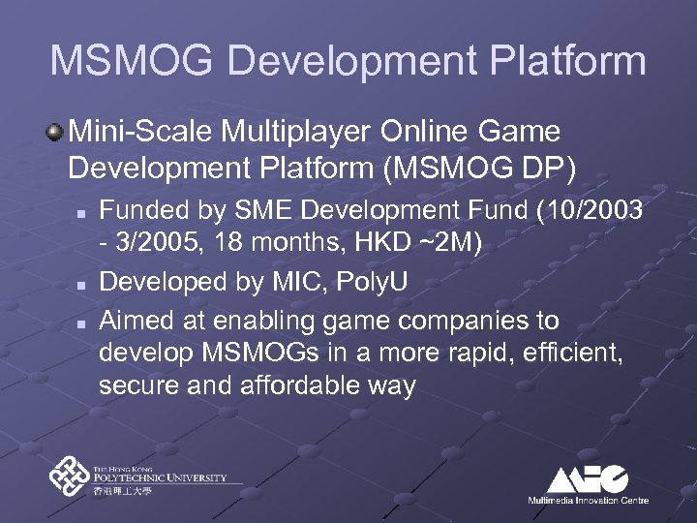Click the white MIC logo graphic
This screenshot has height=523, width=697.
pyautogui.click(x=588, y=479)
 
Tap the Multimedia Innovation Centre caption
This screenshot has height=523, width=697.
pyautogui.click(x=588, y=501)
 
